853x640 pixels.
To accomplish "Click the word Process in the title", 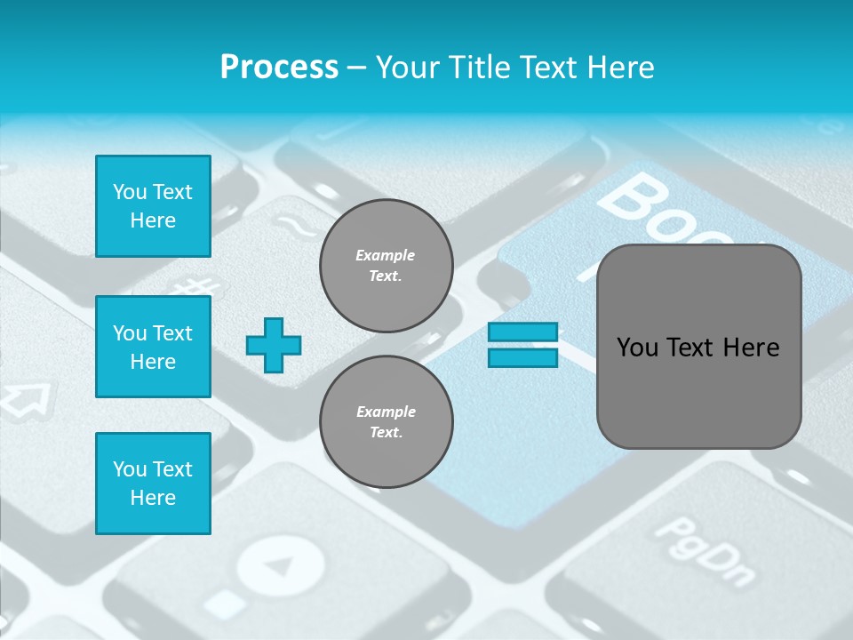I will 279,68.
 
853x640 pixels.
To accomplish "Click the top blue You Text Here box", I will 153,206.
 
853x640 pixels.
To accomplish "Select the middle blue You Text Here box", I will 153,347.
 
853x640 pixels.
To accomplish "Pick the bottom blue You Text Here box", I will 153,484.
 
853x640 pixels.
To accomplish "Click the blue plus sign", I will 274,345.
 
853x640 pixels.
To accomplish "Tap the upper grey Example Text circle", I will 386,266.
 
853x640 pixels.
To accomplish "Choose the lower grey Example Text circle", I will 386,422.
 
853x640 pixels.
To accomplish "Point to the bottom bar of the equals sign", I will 522,357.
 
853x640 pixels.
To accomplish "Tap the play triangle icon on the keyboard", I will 280,565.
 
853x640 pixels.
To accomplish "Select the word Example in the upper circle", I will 385,256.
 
